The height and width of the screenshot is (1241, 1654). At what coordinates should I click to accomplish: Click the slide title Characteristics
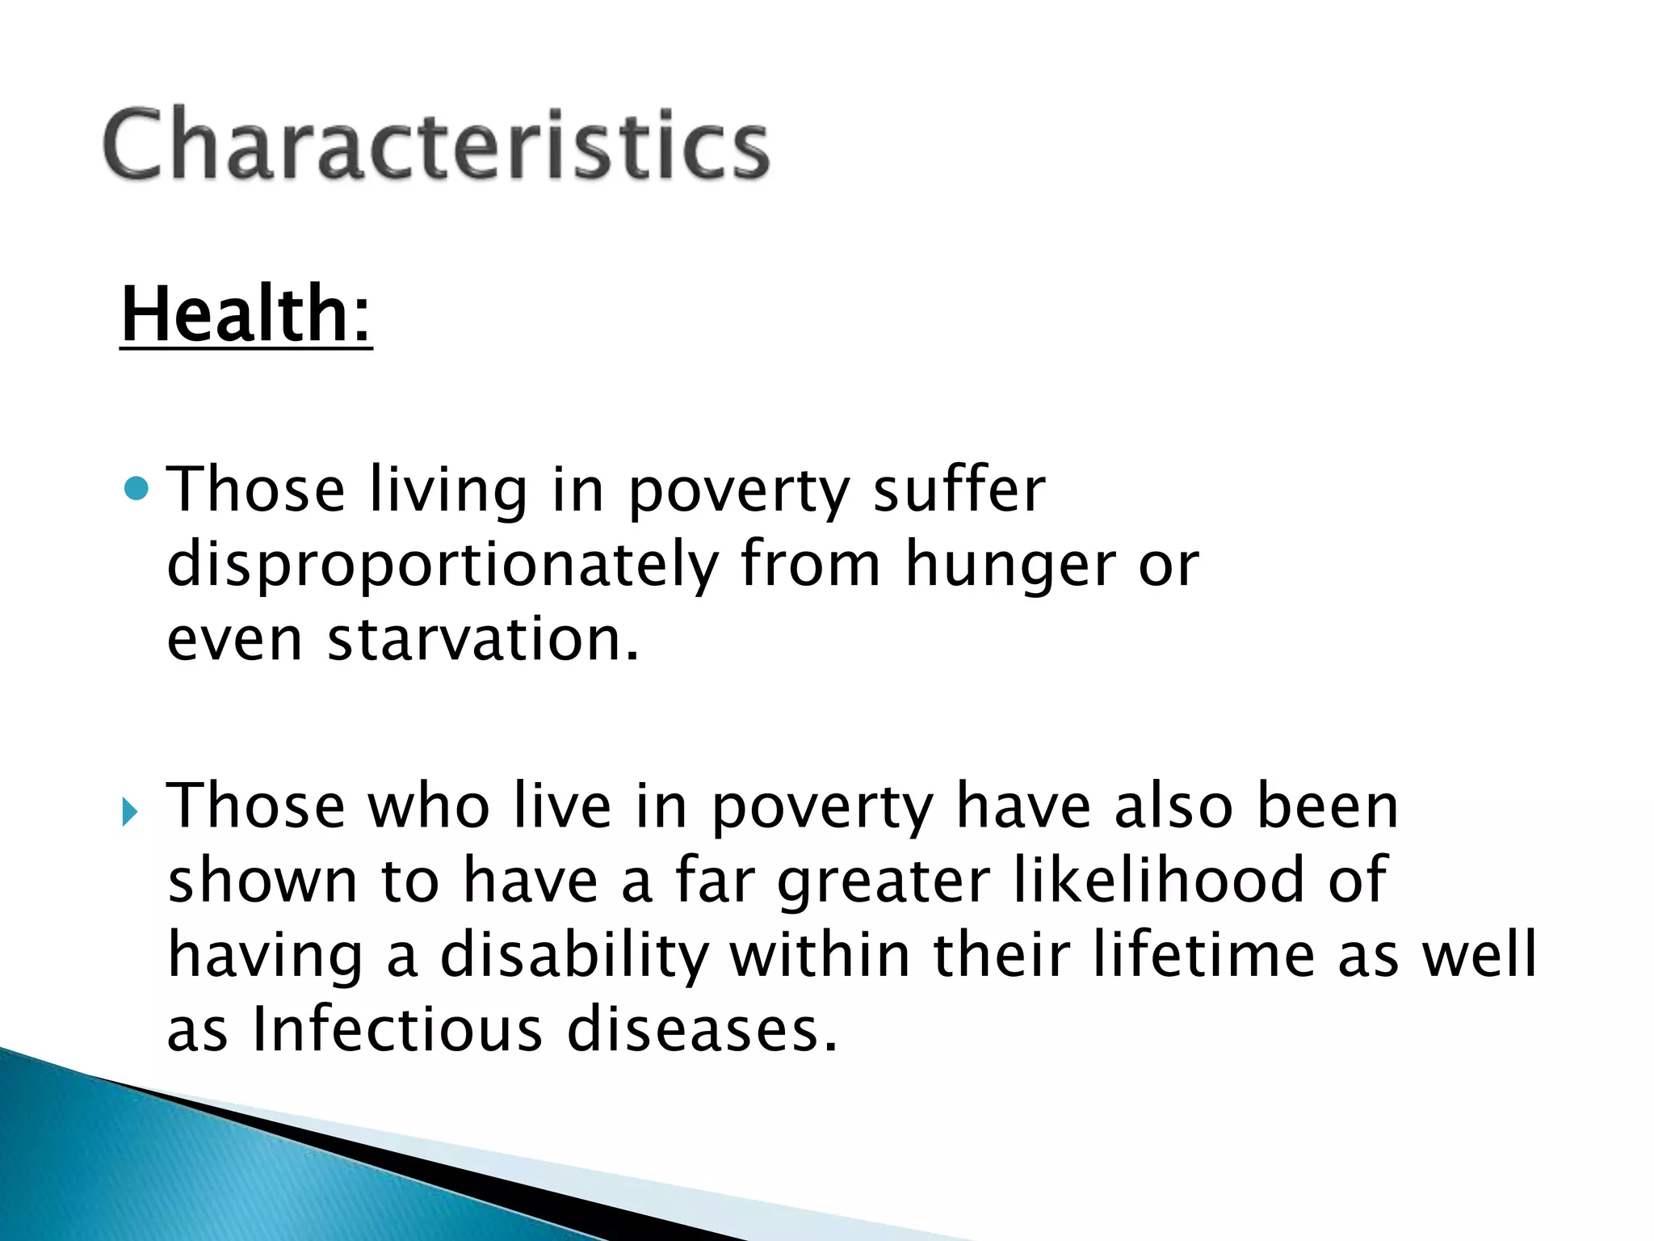coord(436,145)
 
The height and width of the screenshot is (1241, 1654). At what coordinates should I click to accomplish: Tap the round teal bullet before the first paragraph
coord(138,488)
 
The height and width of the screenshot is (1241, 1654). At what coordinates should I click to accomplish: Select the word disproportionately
coord(443,564)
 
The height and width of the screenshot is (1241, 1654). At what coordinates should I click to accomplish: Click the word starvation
coord(483,638)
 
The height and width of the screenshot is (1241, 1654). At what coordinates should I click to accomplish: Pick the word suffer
coord(959,490)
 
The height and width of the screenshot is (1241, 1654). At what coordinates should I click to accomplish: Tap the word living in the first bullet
coord(448,491)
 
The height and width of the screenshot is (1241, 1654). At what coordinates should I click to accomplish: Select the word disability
coord(574,955)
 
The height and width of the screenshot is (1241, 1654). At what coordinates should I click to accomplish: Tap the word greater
coord(884,882)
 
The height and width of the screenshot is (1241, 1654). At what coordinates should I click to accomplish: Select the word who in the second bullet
coord(429,806)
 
